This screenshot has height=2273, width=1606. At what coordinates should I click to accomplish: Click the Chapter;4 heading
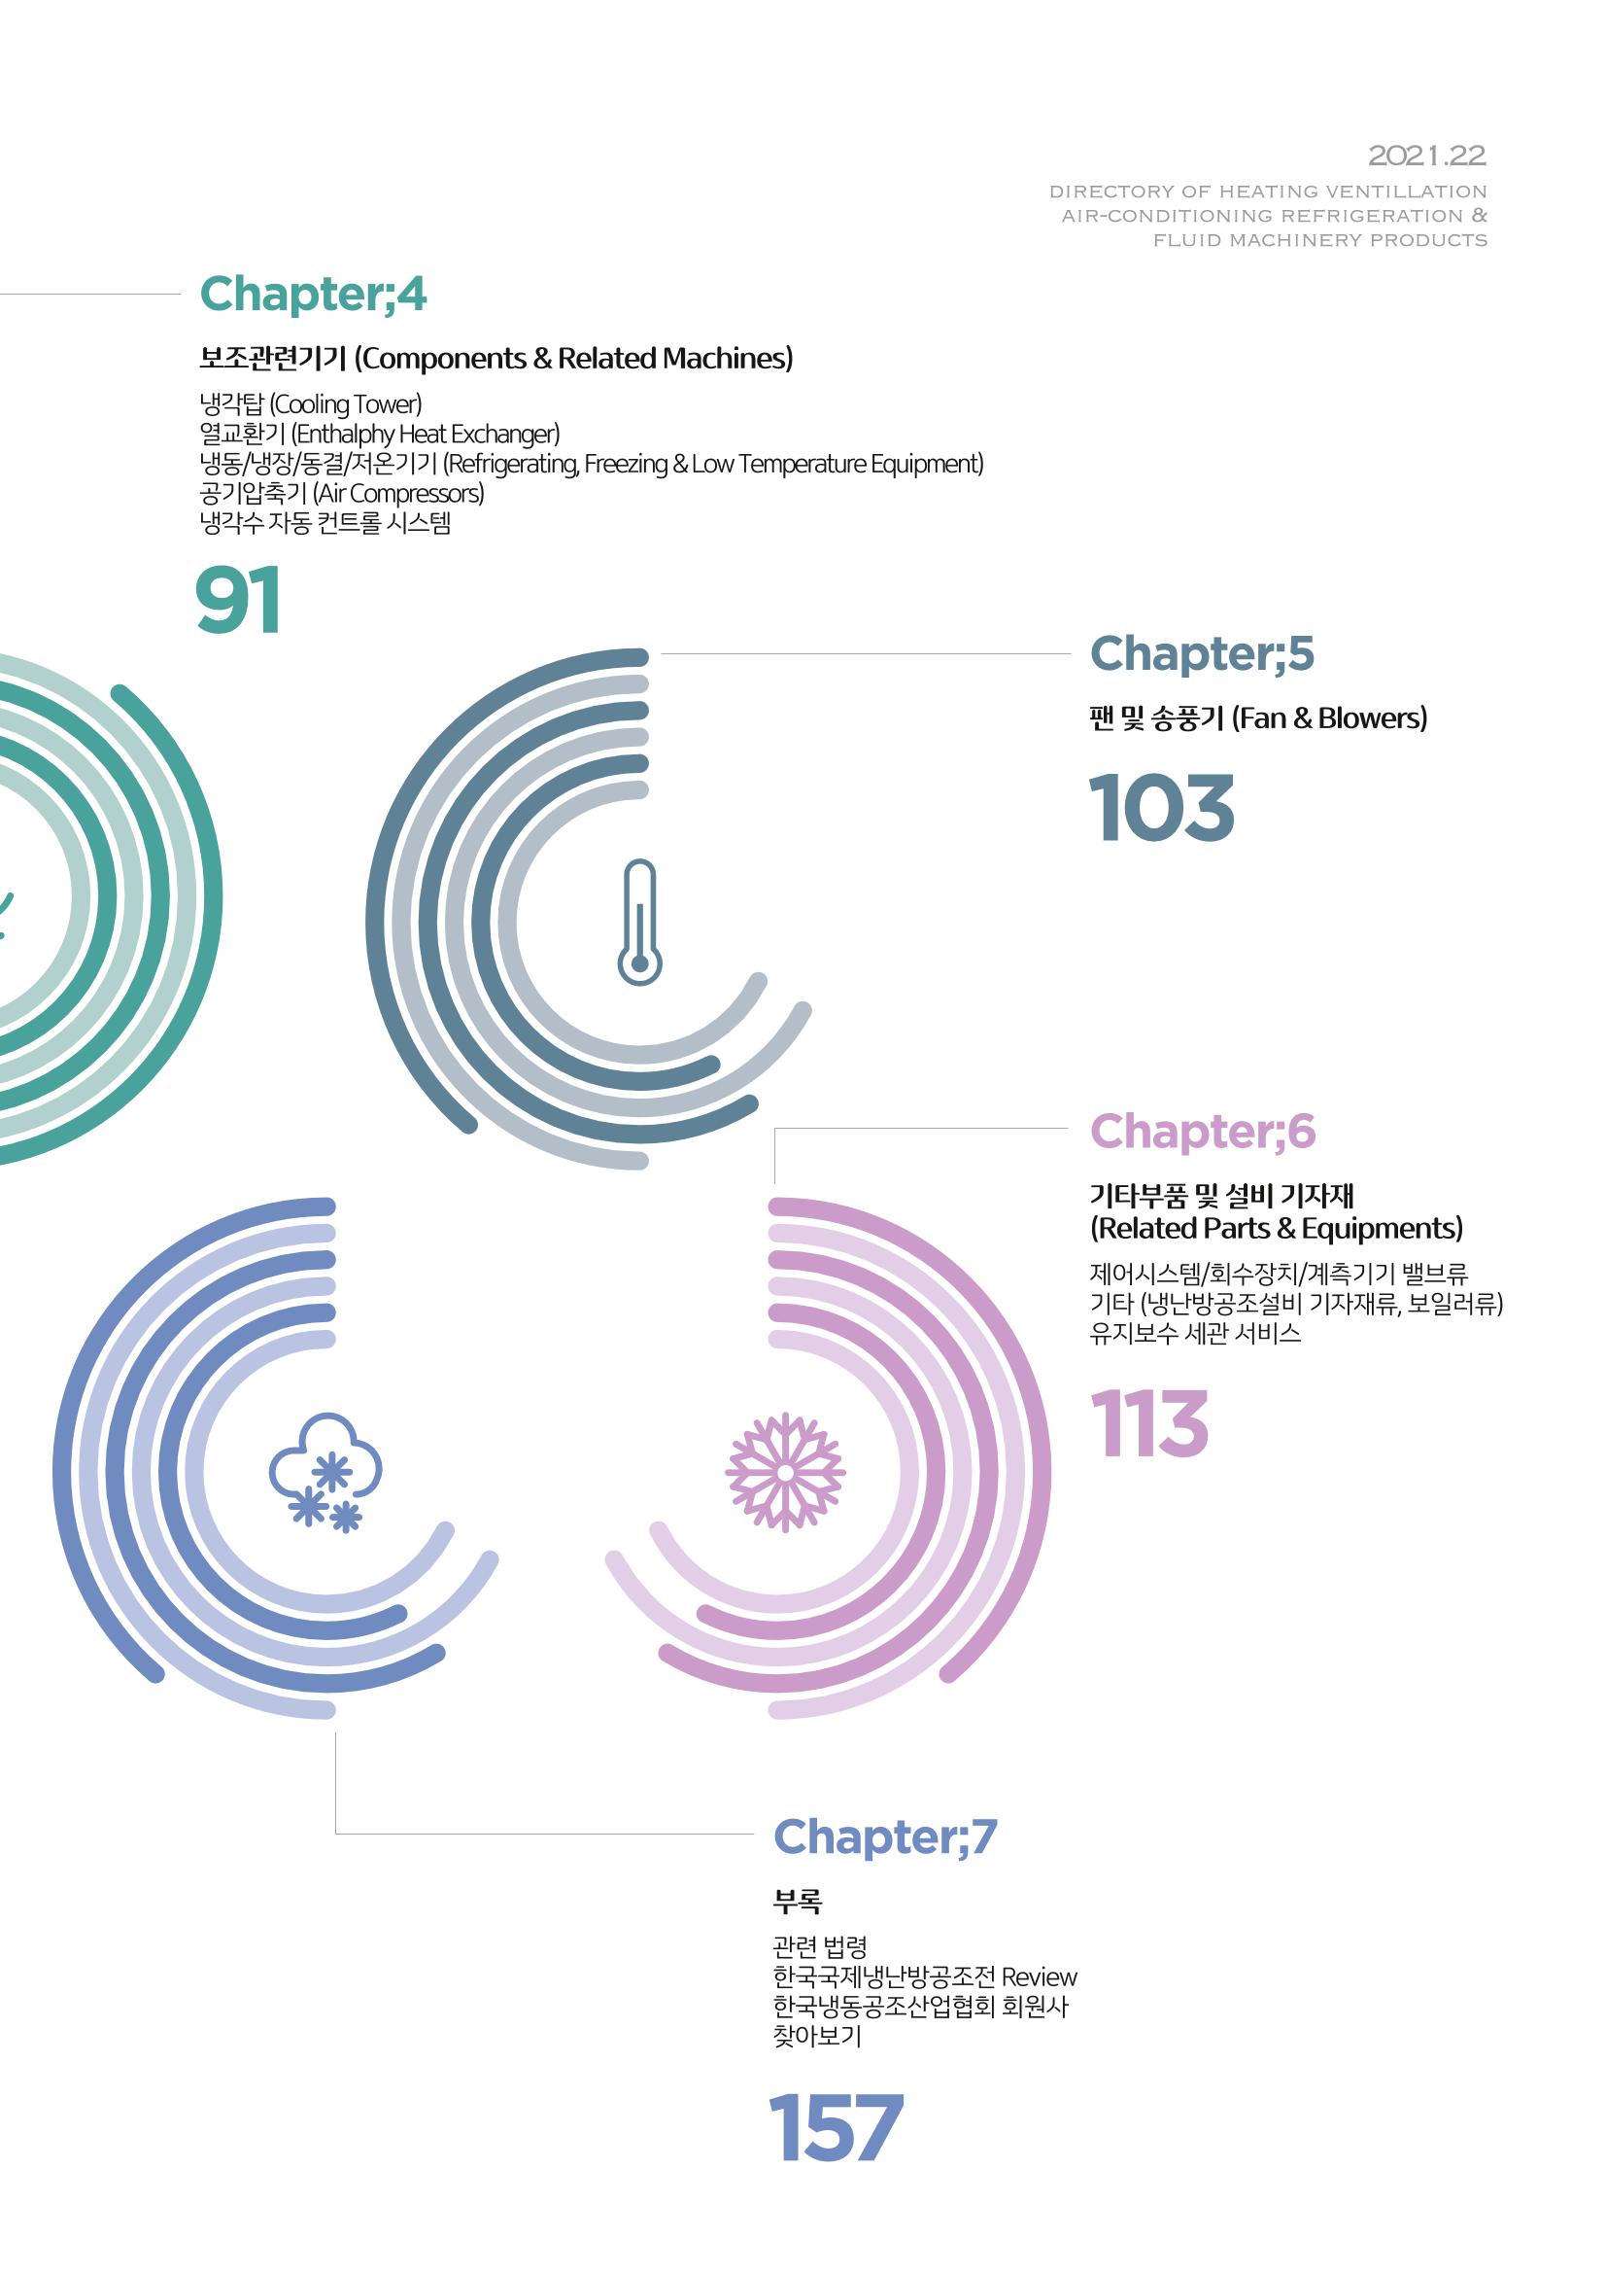[313, 295]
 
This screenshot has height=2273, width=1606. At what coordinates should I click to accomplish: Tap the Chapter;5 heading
[1201, 654]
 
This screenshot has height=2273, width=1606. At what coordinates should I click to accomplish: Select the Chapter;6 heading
[1202, 1132]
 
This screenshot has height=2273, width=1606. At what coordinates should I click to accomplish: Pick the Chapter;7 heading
[885, 1837]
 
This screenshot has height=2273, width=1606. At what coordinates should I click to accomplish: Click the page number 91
[238, 600]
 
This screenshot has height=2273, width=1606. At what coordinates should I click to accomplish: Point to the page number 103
[1162, 808]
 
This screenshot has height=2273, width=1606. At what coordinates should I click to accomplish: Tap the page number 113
[1148, 1423]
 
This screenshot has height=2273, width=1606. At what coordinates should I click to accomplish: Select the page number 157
[836, 2127]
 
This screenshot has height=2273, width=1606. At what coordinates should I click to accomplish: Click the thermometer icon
[639, 922]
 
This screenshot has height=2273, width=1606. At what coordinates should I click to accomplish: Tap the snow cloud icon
[325, 1472]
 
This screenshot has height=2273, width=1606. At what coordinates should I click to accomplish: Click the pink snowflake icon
[785, 1472]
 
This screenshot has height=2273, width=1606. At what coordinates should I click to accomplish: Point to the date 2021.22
[1427, 156]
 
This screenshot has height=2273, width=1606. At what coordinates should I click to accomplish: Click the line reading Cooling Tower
[311, 404]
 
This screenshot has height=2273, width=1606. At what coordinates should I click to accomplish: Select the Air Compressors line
[341, 494]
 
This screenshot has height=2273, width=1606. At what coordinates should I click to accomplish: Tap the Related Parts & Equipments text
[1277, 1229]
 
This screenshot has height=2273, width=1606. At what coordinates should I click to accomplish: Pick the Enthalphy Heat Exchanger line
[379, 435]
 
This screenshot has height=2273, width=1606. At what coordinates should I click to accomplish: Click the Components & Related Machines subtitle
[573, 359]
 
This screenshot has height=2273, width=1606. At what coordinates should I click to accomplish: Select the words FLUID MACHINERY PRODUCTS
[1320, 239]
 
